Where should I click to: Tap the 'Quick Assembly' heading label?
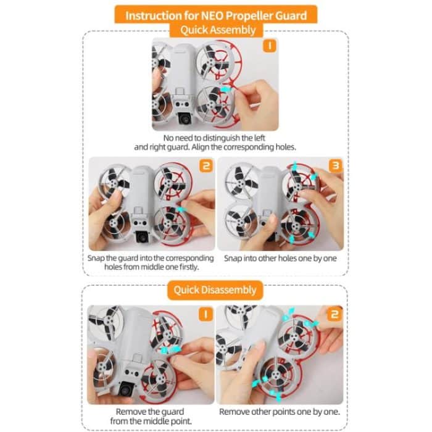click(x=216, y=30)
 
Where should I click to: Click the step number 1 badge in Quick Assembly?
click(x=270, y=46)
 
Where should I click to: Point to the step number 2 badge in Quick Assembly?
click(x=206, y=165)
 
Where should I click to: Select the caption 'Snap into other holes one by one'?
click(x=280, y=258)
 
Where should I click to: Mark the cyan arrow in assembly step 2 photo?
click(x=181, y=210)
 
